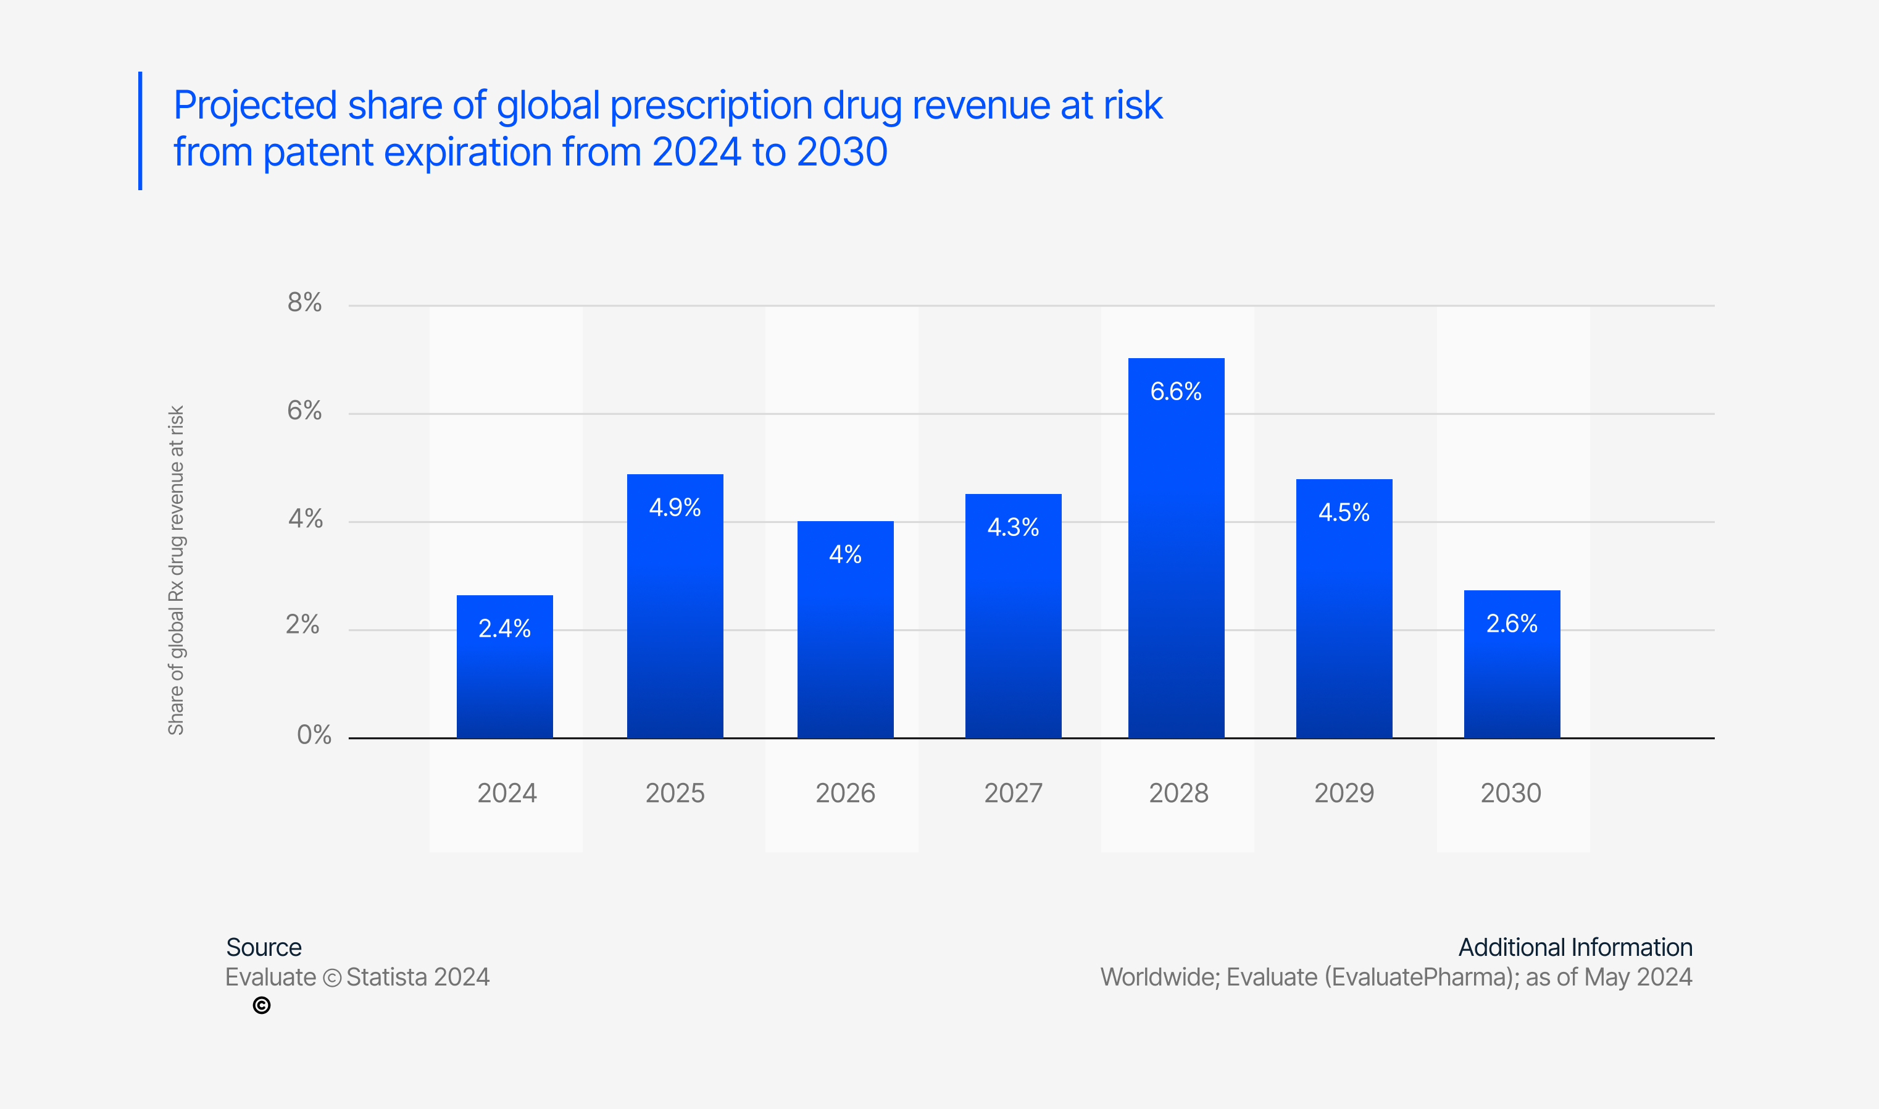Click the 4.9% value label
pos(675,508)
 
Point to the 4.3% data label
pos(1013,527)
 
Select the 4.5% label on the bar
pos(1344,513)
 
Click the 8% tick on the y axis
pos(305,303)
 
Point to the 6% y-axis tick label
pos(305,411)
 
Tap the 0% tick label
pos(314,735)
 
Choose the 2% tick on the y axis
pos(302,625)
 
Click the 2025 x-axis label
pos(675,793)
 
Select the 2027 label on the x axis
pos(1013,793)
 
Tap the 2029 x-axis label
pos(1344,793)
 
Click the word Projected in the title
pos(255,106)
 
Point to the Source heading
pos(264,948)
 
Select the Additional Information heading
pos(1575,948)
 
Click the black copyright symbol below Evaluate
pos(261,1006)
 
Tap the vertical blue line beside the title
pos(140,131)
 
